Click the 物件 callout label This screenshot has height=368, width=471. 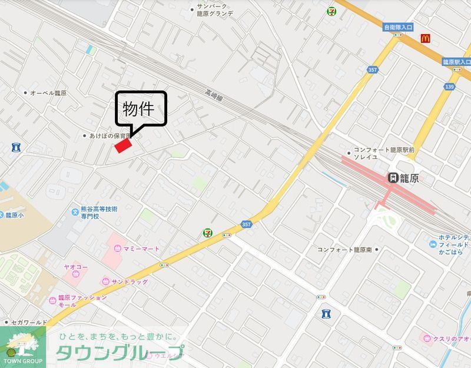pyautogui.click(x=138, y=110)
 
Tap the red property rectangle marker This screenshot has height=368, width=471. pyautogui.click(x=123, y=145)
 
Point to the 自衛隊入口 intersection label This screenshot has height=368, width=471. pyautogui.click(x=398, y=27)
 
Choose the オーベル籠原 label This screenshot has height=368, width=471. pyautogui.click(x=48, y=93)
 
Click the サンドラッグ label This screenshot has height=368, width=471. pyautogui.click(x=129, y=282)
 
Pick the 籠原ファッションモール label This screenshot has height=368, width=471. pyautogui.click(x=82, y=301)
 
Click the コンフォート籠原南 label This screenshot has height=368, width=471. pyautogui.click(x=346, y=250)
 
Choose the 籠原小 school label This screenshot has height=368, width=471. pyautogui.click(x=14, y=216)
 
